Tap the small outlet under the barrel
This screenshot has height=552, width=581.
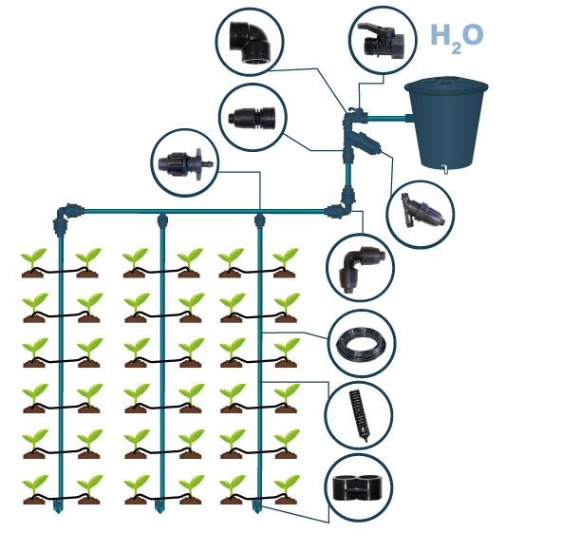click(x=443, y=171)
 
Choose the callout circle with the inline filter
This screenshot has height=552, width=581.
click(x=420, y=213)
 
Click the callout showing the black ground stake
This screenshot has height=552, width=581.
click(x=362, y=414)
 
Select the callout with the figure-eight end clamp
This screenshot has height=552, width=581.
click(x=362, y=489)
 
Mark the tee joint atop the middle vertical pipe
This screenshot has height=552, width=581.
click(x=161, y=219)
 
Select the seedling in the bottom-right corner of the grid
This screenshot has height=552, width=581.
click(x=286, y=489)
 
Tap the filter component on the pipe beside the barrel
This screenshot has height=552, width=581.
click(x=364, y=144)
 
